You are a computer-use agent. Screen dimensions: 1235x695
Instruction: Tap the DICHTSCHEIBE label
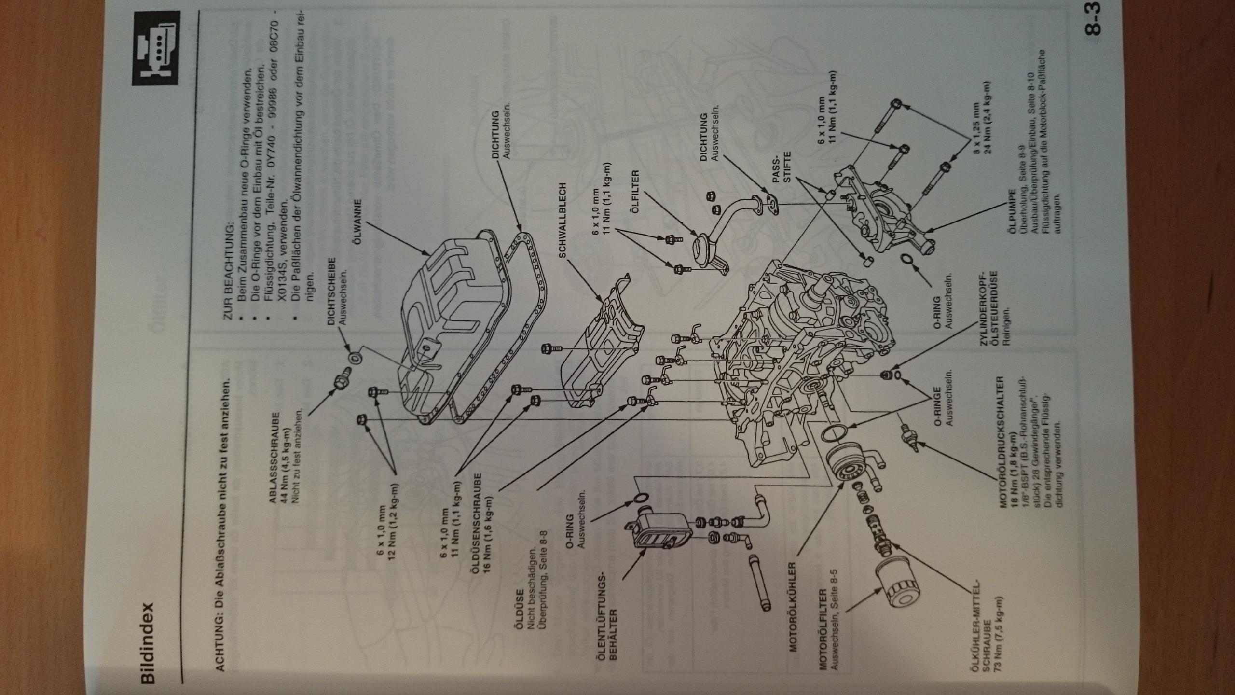pyautogui.click(x=332, y=292)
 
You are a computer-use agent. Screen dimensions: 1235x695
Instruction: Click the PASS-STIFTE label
pyautogui.click(x=781, y=179)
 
